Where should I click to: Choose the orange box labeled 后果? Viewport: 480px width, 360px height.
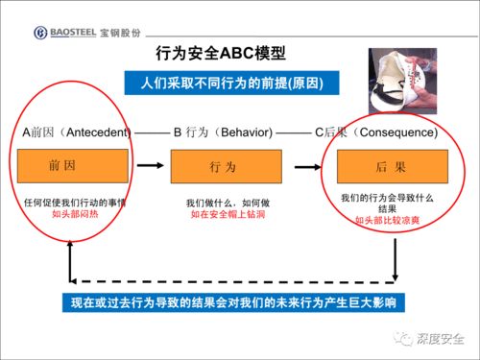[387, 167]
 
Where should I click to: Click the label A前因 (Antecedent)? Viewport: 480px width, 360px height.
[77, 131]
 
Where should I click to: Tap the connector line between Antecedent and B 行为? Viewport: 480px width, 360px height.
[151, 131]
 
